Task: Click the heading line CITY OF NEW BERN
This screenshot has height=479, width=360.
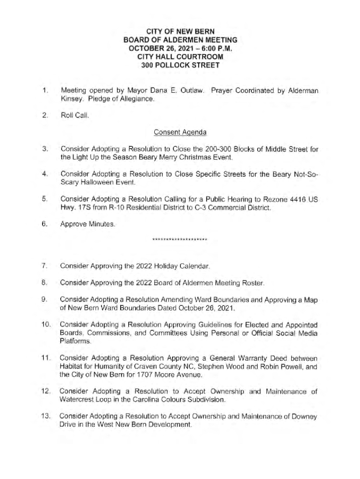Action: click(180, 32)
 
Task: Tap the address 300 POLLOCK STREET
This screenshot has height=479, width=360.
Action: click(180, 65)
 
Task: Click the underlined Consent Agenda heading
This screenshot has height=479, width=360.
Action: click(180, 132)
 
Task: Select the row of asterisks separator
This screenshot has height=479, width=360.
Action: click(180, 240)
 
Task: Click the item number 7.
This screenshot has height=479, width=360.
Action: click(43, 266)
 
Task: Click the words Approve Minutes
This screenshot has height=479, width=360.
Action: click(87, 224)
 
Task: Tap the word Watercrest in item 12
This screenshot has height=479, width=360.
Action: click(77, 400)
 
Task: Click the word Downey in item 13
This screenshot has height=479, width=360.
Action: click(304, 416)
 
